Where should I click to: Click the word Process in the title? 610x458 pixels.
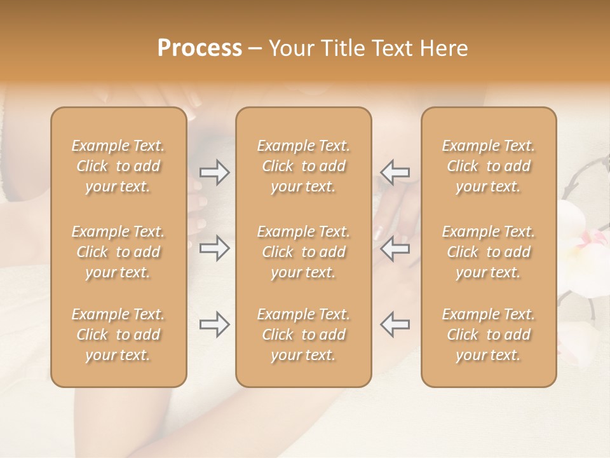click(200, 48)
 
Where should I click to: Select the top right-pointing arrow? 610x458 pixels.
click(214, 172)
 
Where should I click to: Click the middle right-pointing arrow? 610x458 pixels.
click(214, 248)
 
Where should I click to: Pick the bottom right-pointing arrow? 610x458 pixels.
click(214, 324)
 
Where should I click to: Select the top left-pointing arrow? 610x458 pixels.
click(395, 172)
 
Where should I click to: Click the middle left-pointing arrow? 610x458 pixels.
click(395, 248)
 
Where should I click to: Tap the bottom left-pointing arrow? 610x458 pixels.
click(395, 324)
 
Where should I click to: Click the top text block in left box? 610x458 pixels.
click(118, 166)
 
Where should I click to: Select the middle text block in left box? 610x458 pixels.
click(118, 252)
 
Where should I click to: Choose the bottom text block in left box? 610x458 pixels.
click(118, 335)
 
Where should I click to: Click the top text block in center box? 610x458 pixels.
click(303, 166)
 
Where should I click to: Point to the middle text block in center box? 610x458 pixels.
click(303, 252)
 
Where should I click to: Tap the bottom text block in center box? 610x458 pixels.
click(303, 335)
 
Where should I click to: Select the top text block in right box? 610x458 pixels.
click(488, 166)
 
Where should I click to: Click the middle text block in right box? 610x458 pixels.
click(488, 252)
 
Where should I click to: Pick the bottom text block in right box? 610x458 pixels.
click(488, 335)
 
